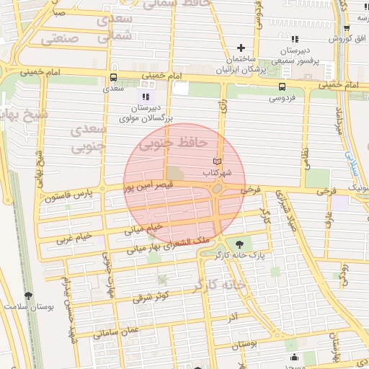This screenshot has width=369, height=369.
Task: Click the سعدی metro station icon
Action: pos(112,76)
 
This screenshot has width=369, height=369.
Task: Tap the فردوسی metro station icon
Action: pos(281,85)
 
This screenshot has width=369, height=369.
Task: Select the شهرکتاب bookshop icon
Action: pos(218,161)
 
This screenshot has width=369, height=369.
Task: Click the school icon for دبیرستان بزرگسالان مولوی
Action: pos(146,96)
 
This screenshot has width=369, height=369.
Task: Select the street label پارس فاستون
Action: pos(69,194)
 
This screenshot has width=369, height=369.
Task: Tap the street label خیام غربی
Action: pos(75,237)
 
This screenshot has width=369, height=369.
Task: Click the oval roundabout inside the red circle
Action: pos(218,189)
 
